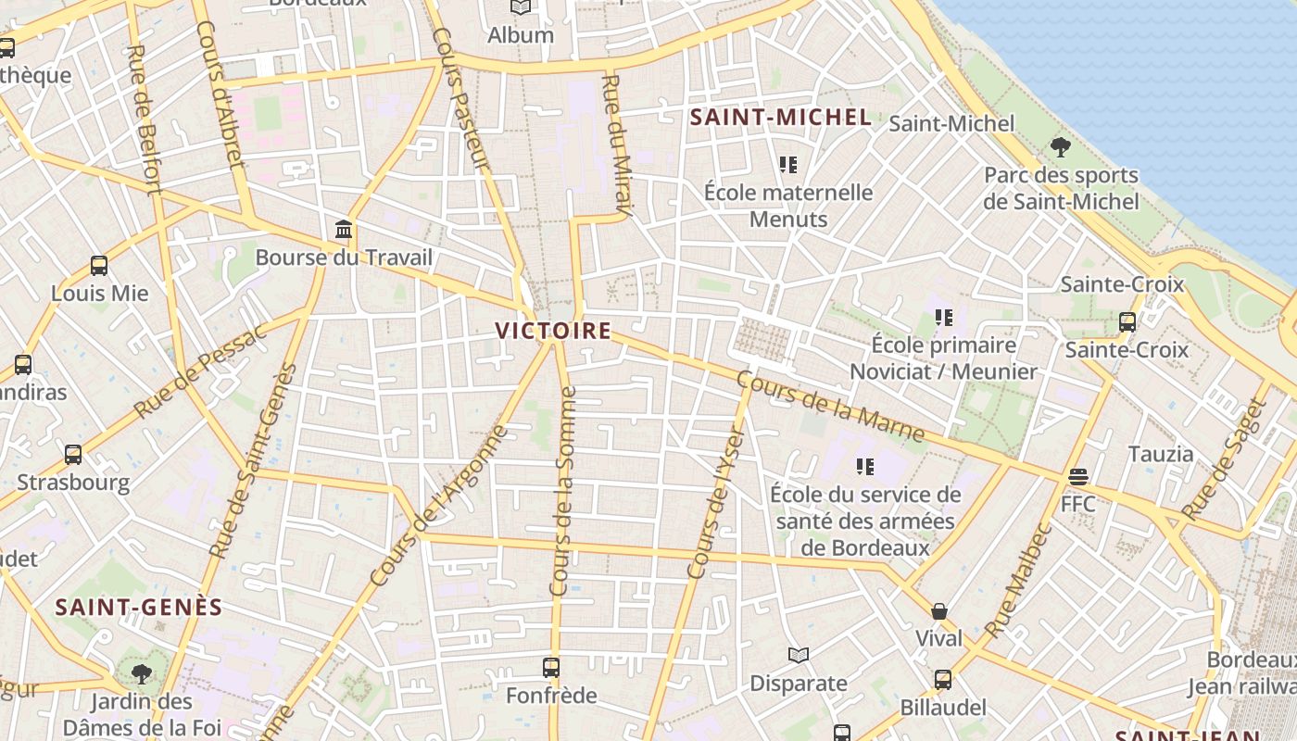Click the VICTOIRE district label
tap(553, 331)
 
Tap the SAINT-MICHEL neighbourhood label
tap(781, 118)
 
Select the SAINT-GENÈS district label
tap(139, 608)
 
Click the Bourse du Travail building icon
tap(344, 229)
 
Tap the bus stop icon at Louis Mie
tap(99, 266)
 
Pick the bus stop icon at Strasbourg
tap(73, 455)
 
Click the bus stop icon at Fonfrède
tap(551, 667)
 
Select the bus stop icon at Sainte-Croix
tap(1127, 322)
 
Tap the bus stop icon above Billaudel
tap(943, 680)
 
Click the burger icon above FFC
tap(1077, 477)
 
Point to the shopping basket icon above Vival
tap(939, 611)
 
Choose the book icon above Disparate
tap(799, 656)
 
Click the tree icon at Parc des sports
tap(1061, 146)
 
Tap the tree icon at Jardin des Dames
tap(141, 673)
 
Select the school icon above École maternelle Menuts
tap(787, 165)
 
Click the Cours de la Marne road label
tap(830, 407)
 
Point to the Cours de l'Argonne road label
tap(439, 506)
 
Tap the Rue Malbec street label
tap(1017, 581)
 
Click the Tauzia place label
tap(1161, 454)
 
